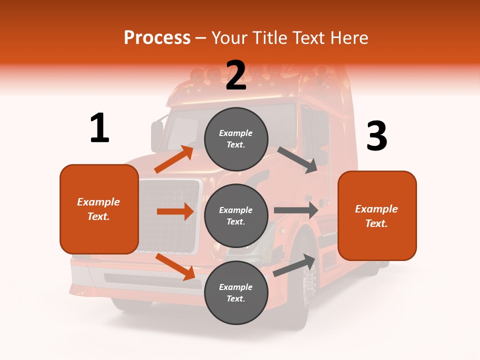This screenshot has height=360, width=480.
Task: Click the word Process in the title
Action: (157, 38)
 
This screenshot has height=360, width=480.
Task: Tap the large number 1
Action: (99, 128)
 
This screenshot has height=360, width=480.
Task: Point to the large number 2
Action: (236, 75)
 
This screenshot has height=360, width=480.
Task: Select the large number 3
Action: (376, 136)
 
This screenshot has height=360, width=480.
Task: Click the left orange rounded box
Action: (99, 209)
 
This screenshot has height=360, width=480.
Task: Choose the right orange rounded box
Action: (377, 216)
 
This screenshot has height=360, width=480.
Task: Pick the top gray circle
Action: (236, 139)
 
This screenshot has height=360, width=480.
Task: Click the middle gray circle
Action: (236, 215)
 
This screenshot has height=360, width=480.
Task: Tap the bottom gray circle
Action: (236, 292)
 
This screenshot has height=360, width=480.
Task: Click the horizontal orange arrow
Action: (175, 211)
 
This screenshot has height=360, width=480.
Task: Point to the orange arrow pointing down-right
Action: (175, 266)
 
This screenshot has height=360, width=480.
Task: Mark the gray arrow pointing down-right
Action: (297, 160)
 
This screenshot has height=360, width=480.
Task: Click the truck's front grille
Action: (168, 215)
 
